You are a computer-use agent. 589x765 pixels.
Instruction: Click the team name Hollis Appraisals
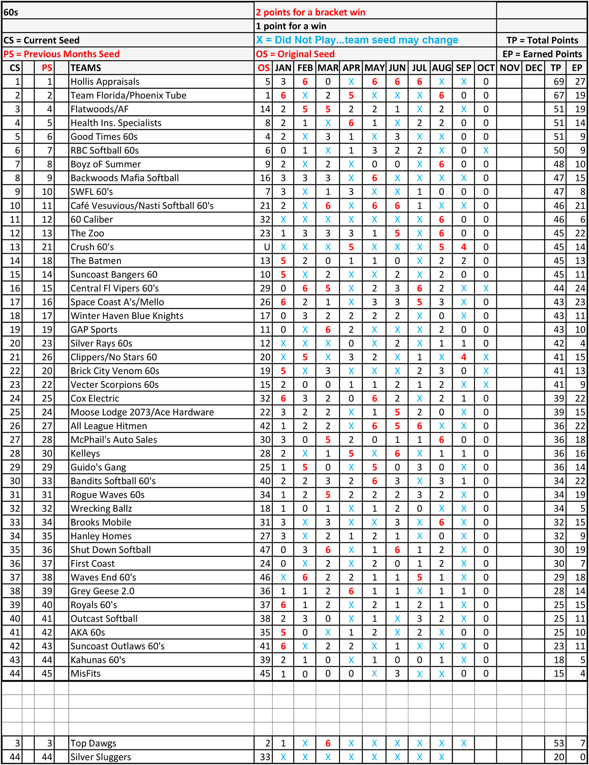(105, 82)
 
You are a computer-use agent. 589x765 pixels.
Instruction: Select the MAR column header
(328, 68)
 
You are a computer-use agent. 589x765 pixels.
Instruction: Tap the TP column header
(556, 68)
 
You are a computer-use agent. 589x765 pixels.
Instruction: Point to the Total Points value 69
(558, 82)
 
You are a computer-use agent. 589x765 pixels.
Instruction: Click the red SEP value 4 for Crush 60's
(464, 247)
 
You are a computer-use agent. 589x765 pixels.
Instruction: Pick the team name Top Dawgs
(93, 743)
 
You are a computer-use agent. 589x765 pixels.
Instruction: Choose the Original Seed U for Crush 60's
(267, 247)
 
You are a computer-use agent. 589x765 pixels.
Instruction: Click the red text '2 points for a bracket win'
(311, 12)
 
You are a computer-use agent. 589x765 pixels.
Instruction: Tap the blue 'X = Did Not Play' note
(357, 40)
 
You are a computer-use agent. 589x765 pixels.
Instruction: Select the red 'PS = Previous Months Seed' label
(62, 54)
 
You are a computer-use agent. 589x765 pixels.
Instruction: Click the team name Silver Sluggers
(101, 757)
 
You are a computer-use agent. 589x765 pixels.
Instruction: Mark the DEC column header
(534, 68)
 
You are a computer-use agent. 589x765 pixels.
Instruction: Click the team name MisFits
(86, 674)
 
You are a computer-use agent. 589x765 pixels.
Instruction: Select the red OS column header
(263, 68)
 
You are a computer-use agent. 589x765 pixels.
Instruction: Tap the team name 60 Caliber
(91, 219)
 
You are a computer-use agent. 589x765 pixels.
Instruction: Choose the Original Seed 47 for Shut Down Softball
(265, 550)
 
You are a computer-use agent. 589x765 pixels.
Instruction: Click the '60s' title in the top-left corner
(11, 12)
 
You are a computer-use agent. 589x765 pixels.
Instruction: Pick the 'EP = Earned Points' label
(542, 54)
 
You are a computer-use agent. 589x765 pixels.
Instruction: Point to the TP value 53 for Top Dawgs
(558, 743)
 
